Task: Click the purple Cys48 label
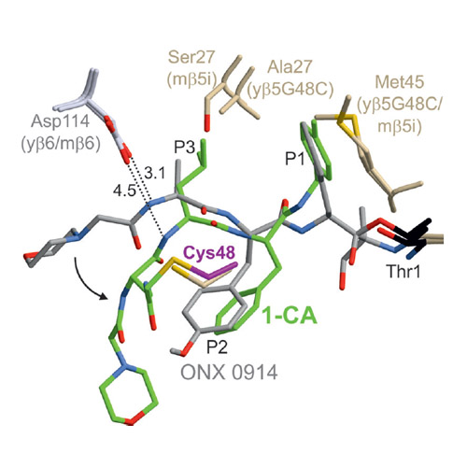208,252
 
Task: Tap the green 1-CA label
290,317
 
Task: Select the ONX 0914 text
229,372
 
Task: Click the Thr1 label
403,271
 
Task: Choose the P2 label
217,347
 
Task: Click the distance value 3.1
155,173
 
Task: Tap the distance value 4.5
124,191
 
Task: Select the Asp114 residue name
60,120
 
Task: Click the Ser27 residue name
191,57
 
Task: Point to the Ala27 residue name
290,66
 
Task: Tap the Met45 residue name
400,82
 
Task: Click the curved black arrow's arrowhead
104,296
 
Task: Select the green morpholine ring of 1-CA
129,396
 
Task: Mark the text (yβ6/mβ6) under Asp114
61,144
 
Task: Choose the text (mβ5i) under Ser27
191,79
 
